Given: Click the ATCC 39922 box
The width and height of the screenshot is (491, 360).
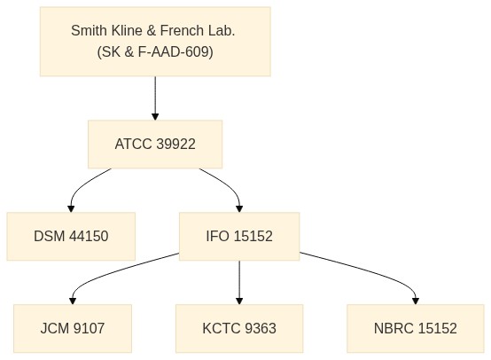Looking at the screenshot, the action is point(155,145).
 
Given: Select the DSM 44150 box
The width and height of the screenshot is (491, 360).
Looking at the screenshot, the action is point(71,236).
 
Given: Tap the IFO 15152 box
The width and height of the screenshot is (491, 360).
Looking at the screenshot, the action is point(239,236).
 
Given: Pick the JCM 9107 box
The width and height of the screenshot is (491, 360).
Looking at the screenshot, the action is point(73,328).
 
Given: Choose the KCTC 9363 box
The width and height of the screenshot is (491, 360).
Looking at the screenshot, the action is point(239,328).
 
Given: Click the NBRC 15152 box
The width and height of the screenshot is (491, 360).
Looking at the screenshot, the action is point(416,328).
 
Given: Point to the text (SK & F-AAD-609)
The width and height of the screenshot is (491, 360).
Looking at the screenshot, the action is point(155,51).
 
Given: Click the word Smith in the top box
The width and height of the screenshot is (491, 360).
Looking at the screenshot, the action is point(89,31).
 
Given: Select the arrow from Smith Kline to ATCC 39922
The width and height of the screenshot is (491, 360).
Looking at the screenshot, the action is point(155,98).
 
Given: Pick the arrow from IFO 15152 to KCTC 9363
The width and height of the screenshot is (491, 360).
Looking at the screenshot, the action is point(239,282).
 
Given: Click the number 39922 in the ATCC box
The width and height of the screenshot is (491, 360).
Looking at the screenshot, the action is point(175,145).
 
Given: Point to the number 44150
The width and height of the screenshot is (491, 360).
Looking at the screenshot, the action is point(89,236).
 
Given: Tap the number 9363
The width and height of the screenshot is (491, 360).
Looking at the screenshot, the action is point(261,328).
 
